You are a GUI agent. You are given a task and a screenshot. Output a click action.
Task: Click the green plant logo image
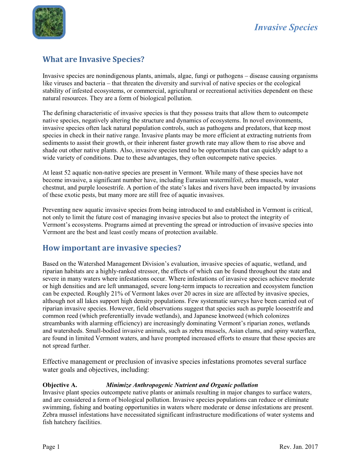(49, 22)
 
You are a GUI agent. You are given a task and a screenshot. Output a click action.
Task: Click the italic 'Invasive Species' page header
(286, 28)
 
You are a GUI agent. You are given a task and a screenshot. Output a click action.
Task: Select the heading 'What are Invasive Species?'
(94, 59)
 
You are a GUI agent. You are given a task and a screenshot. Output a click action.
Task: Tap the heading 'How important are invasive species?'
(112, 248)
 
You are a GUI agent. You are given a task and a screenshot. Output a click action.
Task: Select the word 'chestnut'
(53, 187)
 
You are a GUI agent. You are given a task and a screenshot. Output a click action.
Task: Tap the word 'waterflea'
(303, 331)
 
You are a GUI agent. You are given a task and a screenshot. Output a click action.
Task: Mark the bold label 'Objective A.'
(60, 385)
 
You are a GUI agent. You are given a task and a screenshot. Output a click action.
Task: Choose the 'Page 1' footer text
(51, 447)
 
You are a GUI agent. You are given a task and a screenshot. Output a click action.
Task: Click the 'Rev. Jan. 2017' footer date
(299, 447)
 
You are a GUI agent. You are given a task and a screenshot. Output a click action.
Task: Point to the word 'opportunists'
(201, 150)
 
